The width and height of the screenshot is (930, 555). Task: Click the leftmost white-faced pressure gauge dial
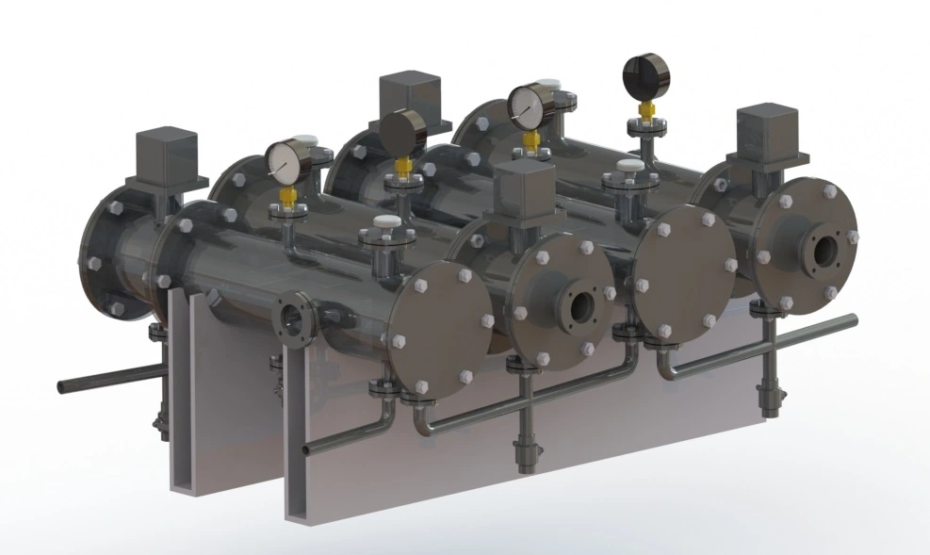pyautogui.click(x=284, y=161)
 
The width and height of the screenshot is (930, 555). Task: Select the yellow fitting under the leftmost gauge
pyautogui.click(x=288, y=195)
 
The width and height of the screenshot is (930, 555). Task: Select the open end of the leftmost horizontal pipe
pyautogui.click(x=61, y=386)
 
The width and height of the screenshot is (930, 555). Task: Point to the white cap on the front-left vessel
pyautogui.click(x=383, y=223)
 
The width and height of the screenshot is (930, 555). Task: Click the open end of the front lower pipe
pyautogui.click(x=305, y=451)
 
